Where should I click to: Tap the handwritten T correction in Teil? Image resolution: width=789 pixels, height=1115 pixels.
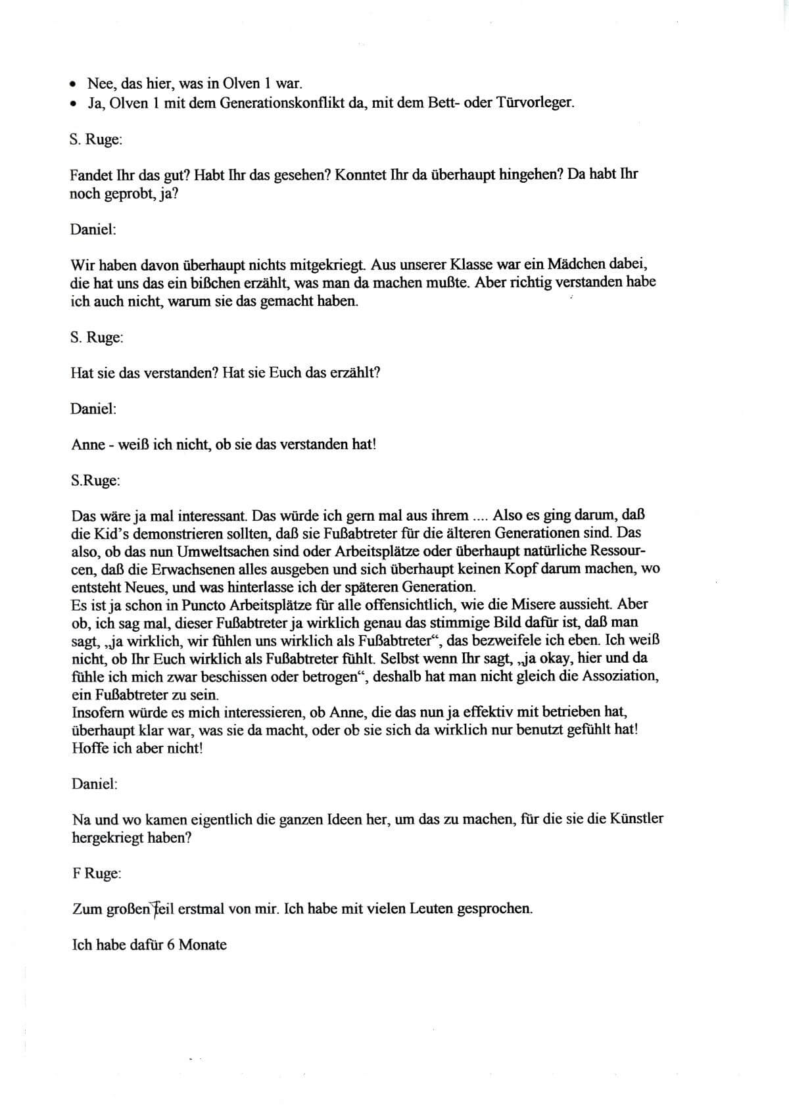click(x=158, y=909)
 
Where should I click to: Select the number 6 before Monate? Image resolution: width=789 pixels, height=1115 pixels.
click(x=170, y=945)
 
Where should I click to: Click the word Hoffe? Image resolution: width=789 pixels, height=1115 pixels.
click(x=90, y=748)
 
